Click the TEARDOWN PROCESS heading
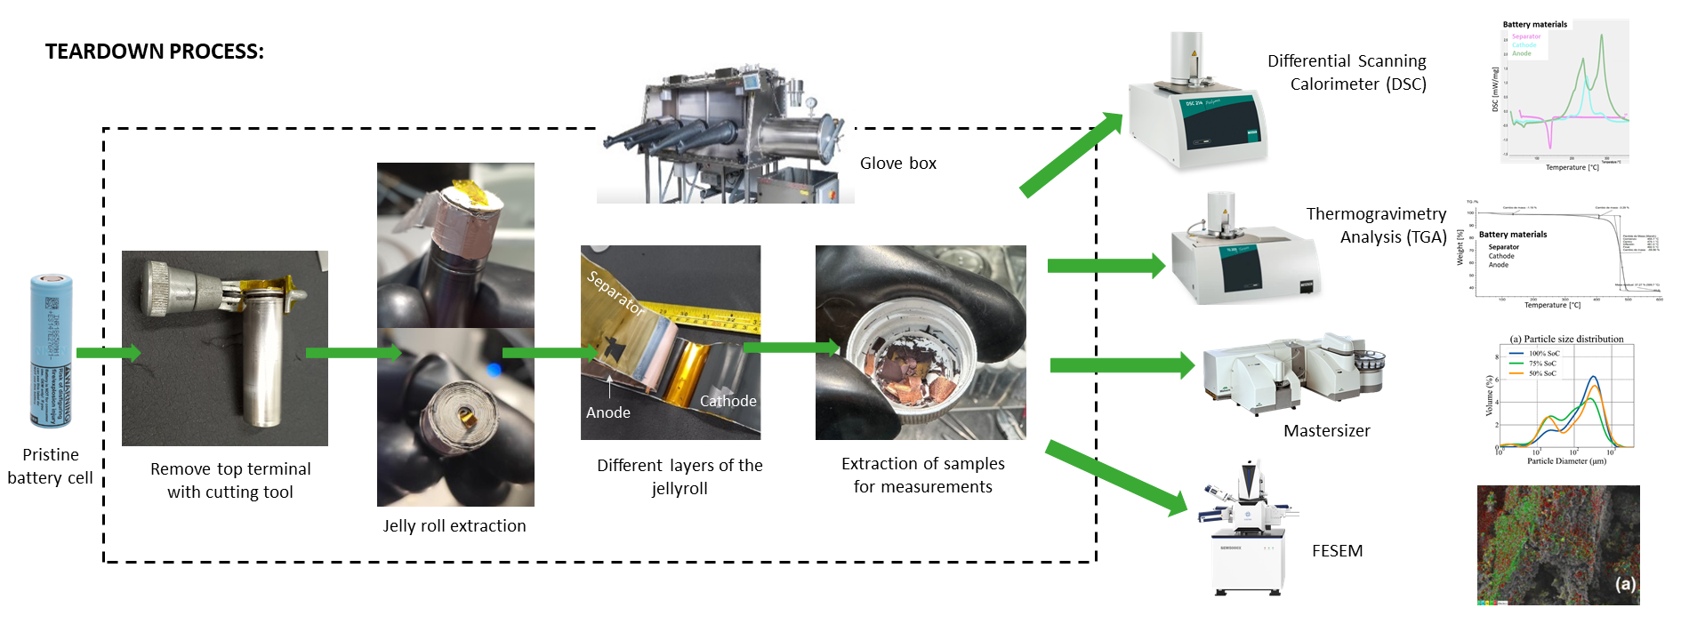[x=155, y=52]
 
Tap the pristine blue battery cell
[x=52, y=350]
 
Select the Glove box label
[x=897, y=164]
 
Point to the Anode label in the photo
[x=608, y=412]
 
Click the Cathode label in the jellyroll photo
[x=728, y=401]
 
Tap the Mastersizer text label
[x=1326, y=431]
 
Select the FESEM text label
[x=1337, y=551]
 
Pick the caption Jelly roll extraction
[x=454, y=526]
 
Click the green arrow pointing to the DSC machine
[x=1071, y=155]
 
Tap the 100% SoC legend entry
[x=1542, y=354]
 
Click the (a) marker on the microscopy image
[x=1625, y=584]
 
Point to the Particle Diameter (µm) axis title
[x=1566, y=461]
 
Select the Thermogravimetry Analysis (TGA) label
[x=1376, y=226]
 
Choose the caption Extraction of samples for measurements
[x=922, y=476]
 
